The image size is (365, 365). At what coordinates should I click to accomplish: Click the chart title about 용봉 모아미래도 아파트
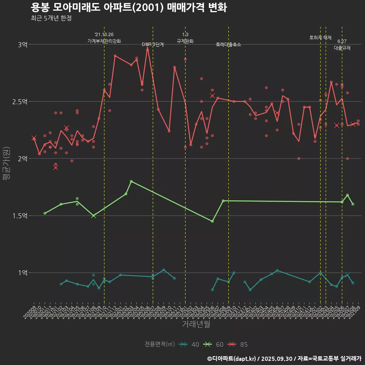pos(129,7)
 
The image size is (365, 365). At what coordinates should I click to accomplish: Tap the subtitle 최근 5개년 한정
pos(51,18)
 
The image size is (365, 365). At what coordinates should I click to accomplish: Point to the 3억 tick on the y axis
pos(22,44)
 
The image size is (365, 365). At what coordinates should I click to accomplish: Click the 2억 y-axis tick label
pos(22,159)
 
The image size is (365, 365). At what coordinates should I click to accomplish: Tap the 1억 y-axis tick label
pos(22,273)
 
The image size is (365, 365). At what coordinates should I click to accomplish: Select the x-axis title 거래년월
pos(196,324)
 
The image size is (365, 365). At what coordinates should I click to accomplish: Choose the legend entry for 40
pos(190,344)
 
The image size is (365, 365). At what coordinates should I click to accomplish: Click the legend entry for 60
pos(214,344)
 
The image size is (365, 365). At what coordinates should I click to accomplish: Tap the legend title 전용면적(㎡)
pos(159,344)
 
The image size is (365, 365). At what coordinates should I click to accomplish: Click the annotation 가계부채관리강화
pos(104,41)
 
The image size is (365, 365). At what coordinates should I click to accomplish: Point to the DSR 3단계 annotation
pos(153,44)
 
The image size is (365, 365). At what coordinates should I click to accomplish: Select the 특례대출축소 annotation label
pos(229,44)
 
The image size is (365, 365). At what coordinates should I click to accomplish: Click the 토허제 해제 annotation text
pos(321,38)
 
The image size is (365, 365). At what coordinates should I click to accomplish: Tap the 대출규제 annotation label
pos(342,48)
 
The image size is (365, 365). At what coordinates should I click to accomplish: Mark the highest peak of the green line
pos(131,181)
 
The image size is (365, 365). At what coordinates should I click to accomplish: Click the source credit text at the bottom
pos(284,359)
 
